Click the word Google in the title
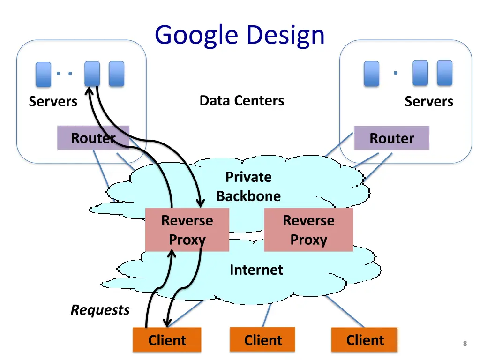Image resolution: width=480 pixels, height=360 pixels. click(196, 36)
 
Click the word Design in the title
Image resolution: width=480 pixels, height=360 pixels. click(285, 36)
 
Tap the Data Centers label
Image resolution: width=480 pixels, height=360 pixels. click(242, 100)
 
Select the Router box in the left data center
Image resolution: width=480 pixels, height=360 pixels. click(93, 138)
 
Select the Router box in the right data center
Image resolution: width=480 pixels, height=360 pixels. click(392, 138)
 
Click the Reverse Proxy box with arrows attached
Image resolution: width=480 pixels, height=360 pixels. click(187, 230)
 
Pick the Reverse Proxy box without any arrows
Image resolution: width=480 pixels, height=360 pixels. click(308, 230)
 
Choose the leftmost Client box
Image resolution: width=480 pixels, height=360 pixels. click(167, 340)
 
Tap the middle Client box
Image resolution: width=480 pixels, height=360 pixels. click(262, 340)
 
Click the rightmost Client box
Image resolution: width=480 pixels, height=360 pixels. click(365, 340)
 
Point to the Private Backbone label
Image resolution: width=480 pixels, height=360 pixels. click(248, 187)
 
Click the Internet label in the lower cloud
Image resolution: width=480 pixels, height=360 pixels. click(256, 270)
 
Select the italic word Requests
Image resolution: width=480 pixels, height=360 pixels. click(100, 310)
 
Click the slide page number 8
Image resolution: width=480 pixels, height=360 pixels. click(465, 344)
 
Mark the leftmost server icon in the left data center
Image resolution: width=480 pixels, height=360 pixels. click(44, 75)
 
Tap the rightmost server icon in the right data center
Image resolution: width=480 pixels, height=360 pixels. click(445, 73)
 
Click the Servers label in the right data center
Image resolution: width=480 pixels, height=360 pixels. click(429, 101)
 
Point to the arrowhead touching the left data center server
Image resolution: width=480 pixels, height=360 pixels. click(90, 91)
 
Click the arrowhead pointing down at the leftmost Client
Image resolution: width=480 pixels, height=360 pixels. click(167, 322)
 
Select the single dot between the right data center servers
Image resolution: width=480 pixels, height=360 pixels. click(396, 73)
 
